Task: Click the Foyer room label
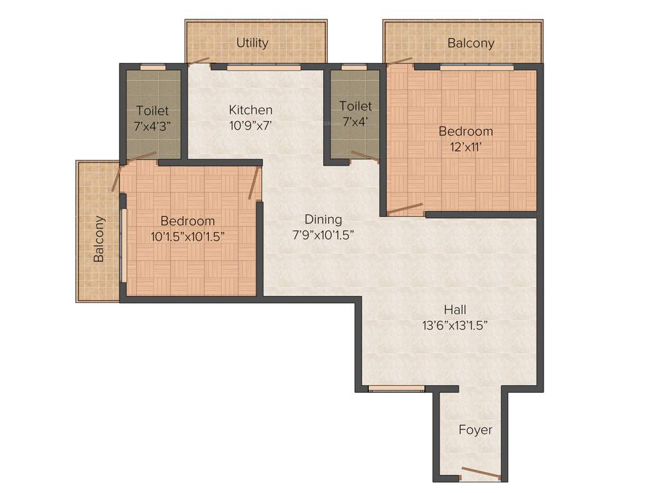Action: click(x=476, y=429)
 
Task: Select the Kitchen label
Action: click(x=251, y=110)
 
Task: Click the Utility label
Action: click(x=252, y=43)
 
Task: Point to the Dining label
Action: click(x=323, y=220)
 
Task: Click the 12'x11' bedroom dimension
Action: click(x=466, y=146)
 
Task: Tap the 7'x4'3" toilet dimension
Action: click(x=152, y=126)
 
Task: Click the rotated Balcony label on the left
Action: click(x=99, y=239)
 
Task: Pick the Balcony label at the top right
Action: click(x=471, y=43)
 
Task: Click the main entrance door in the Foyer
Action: click(x=481, y=474)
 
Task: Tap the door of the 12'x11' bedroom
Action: click(x=405, y=209)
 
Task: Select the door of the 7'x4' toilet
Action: click(x=364, y=155)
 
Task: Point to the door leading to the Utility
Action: click(x=199, y=62)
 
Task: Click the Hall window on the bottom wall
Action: click(x=396, y=388)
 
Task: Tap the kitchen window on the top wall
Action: click(x=264, y=66)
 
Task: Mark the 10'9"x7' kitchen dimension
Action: click(x=251, y=126)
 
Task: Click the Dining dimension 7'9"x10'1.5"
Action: click(x=323, y=235)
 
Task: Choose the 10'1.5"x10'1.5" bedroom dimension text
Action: click(x=188, y=236)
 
